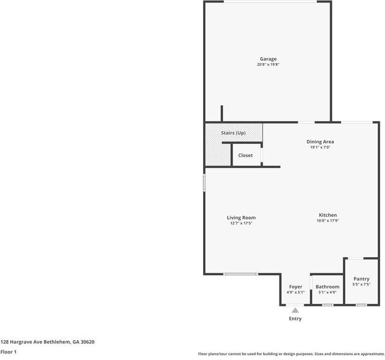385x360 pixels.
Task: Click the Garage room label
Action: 268,59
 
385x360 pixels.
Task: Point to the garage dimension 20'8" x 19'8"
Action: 268,64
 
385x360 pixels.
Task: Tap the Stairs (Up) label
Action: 233,132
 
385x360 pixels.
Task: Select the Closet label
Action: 245,155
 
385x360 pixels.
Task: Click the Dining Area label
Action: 321,141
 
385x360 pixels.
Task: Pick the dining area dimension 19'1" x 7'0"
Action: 321,147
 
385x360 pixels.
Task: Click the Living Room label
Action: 241,217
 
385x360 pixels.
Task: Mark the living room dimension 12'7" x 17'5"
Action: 241,223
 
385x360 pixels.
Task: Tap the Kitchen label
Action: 328,215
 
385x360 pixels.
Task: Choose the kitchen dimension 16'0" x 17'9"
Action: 328,221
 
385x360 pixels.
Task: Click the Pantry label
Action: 362,279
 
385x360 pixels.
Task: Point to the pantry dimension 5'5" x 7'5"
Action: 362,284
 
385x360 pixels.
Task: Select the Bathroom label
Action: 327,287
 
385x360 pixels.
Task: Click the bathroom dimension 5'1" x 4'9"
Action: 327,292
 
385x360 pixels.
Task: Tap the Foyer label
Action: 295,287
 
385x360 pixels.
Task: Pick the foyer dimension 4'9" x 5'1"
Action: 295,292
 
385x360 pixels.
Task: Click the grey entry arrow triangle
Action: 295,310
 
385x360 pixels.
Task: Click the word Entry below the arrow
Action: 295,318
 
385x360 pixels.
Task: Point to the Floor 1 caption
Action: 8,352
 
